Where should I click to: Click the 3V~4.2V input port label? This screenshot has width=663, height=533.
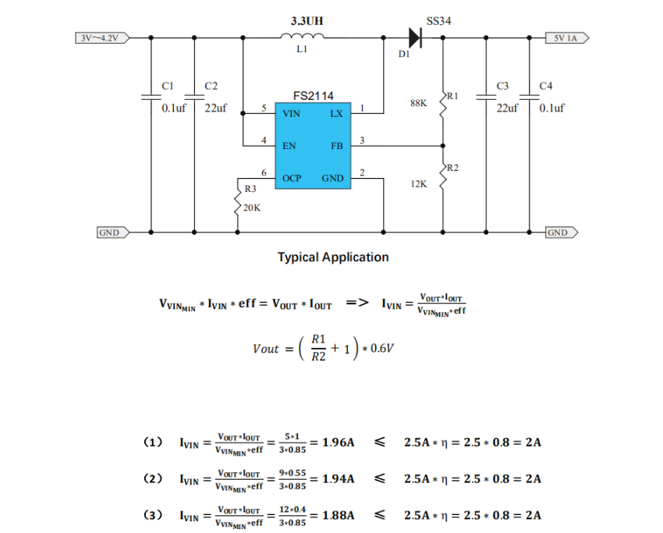(102, 38)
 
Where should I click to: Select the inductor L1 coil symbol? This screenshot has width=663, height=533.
(302, 36)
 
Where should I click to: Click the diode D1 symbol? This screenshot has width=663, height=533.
(415, 37)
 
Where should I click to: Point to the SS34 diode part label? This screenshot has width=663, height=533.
(438, 21)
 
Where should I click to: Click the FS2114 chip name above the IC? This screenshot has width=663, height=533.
(313, 96)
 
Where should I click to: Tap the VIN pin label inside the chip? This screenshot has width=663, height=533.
(291, 114)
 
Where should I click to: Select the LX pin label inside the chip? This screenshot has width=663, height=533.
(337, 114)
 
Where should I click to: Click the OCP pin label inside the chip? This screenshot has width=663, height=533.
(292, 179)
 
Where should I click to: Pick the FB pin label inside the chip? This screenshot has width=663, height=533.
(337, 146)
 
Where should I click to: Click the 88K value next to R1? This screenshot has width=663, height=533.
(419, 103)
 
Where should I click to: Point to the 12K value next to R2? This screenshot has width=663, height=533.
(419, 184)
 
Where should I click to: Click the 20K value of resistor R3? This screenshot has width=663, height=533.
(252, 208)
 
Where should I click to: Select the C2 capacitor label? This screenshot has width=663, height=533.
(211, 86)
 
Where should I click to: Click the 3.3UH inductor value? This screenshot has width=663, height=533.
(307, 21)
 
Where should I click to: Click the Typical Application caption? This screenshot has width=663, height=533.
(333, 258)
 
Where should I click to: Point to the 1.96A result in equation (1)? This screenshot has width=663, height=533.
(339, 442)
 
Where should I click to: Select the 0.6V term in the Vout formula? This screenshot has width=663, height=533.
(382, 348)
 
